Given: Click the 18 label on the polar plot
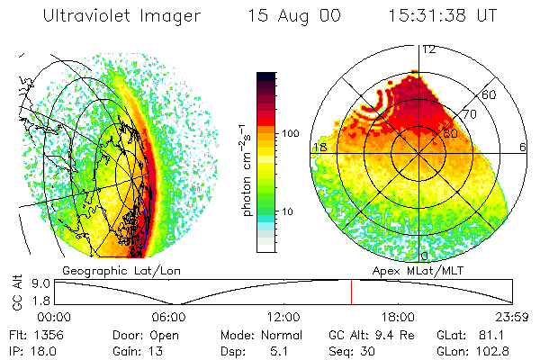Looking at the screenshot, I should [319, 147].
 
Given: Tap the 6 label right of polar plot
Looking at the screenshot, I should [522, 147].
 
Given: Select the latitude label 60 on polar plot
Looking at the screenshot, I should [490, 94].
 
